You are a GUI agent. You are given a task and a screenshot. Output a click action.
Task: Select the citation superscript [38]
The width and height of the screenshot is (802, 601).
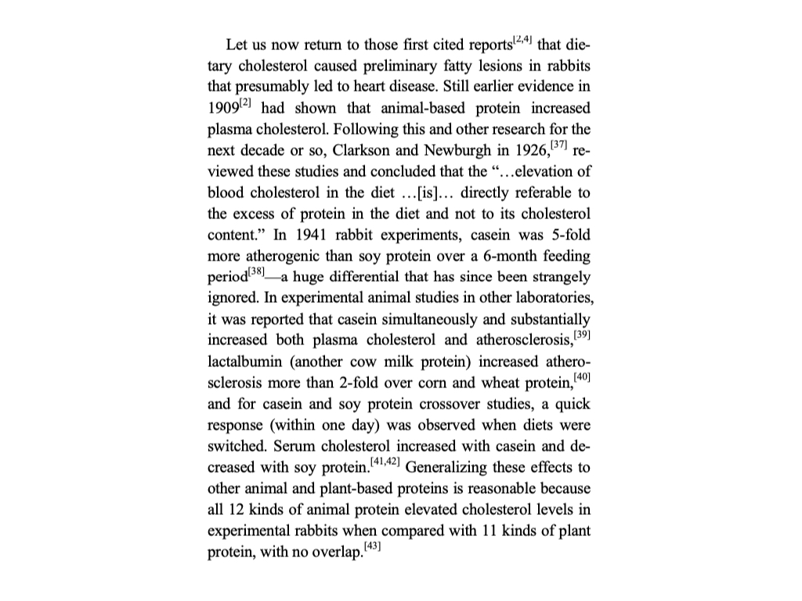(256, 270)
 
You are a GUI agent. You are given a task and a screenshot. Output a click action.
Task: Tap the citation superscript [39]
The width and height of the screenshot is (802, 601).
(582, 335)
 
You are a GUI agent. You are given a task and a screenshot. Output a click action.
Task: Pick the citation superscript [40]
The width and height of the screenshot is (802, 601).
(582, 377)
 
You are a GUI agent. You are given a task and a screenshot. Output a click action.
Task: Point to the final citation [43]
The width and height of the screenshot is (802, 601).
(377, 545)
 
